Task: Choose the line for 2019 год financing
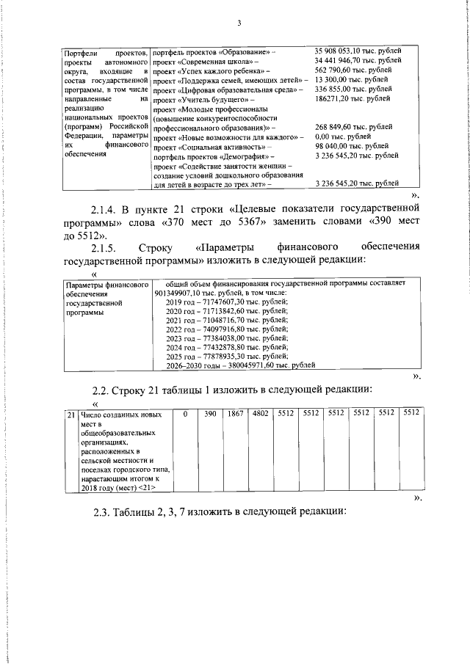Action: tap(226, 301)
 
